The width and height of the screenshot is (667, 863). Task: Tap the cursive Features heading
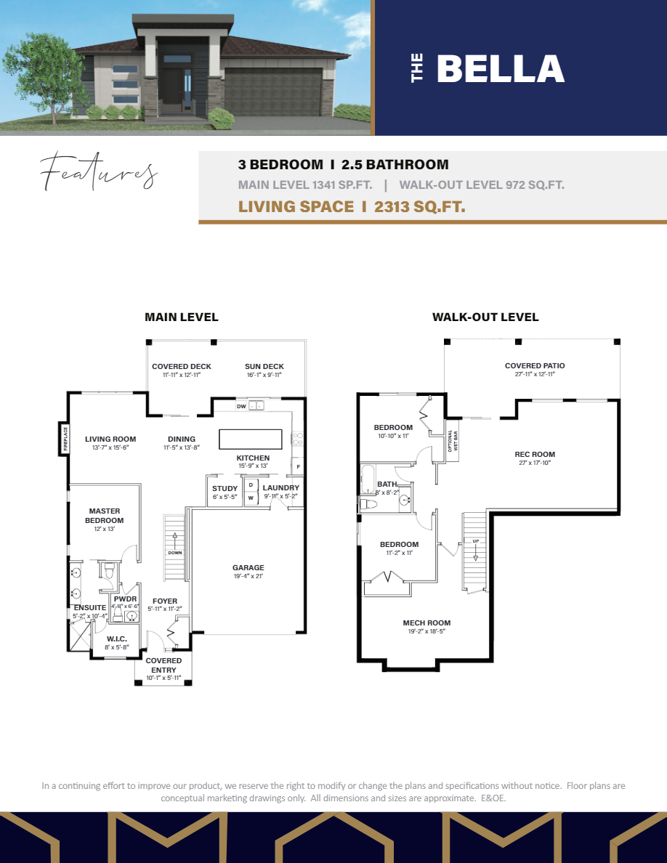(99, 172)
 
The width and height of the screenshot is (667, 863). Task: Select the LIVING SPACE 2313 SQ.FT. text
(352, 207)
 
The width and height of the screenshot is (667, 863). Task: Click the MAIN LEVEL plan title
(181, 317)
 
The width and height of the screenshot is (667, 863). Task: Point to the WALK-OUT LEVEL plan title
(485, 317)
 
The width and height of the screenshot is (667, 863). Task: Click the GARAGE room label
(248, 568)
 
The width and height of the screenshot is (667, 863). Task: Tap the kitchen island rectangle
(251, 439)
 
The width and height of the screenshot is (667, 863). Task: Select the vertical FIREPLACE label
(65, 439)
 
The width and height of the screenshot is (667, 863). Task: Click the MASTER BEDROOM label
(105, 516)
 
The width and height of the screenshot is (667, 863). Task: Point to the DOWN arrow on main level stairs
(175, 543)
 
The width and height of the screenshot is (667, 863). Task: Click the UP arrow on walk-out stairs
(475, 548)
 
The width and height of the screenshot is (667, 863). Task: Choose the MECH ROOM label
(427, 623)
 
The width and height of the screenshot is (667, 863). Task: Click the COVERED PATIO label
(535, 366)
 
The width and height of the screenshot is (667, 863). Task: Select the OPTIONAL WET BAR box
(453, 441)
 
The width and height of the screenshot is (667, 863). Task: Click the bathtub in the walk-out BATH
(367, 479)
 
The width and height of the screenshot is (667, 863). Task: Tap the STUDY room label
(225, 488)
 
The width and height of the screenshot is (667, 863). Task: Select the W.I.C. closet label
(108, 639)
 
